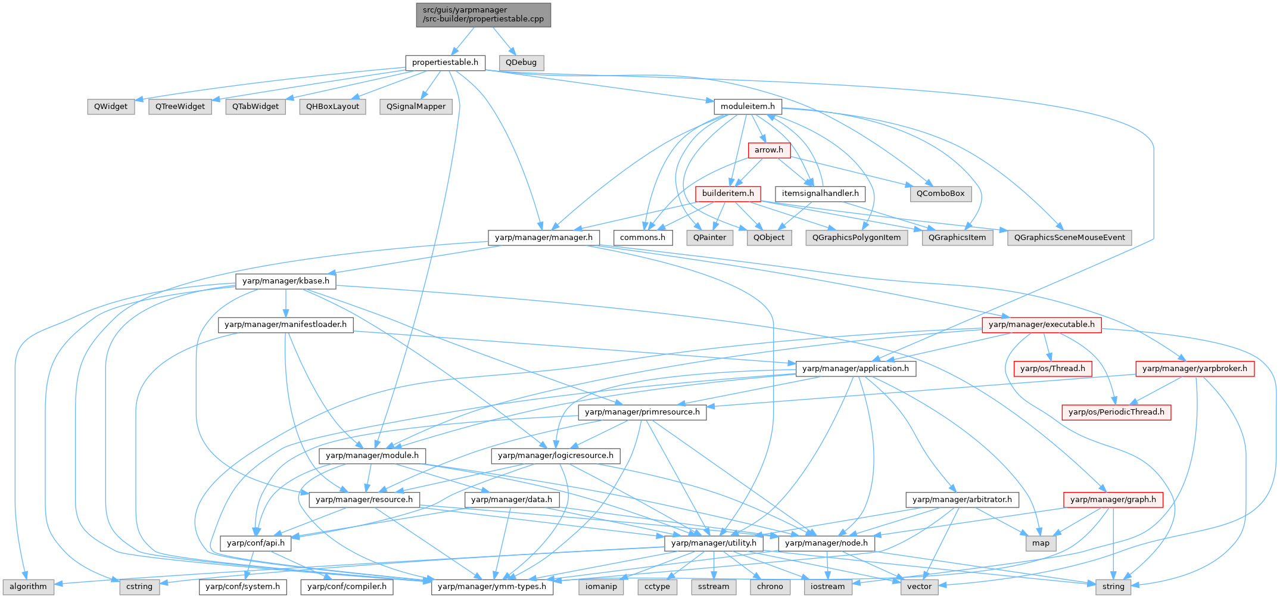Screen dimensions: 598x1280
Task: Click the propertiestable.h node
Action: pyautogui.click(x=445, y=63)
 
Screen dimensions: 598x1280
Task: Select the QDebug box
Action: pyautogui.click(x=521, y=63)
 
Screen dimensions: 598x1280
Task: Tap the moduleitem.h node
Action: pyautogui.click(x=748, y=107)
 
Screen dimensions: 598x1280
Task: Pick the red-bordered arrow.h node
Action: pyautogui.click(x=769, y=150)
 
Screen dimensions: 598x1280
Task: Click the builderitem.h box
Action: pyautogui.click(x=728, y=194)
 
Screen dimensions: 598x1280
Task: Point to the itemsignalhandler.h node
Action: pyautogui.click(x=820, y=194)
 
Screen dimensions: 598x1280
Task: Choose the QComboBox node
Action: pyautogui.click(x=940, y=194)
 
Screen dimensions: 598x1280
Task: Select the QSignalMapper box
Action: pyautogui.click(x=416, y=107)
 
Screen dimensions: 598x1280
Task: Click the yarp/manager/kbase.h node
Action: pyautogui.click(x=285, y=281)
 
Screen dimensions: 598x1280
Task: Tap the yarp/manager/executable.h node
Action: pyautogui.click(x=1041, y=325)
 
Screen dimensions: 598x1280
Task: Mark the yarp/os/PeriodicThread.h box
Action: pyautogui.click(x=1116, y=412)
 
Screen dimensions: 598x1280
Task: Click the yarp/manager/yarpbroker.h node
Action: pyautogui.click(x=1195, y=369)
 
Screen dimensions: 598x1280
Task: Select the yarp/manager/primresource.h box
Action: pyautogui.click(x=642, y=412)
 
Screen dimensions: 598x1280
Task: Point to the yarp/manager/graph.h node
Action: pyautogui.click(x=1113, y=500)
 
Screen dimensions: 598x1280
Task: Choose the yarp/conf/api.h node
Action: pyautogui.click(x=256, y=543)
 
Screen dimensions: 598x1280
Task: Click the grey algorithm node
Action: pyautogui.click(x=28, y=587)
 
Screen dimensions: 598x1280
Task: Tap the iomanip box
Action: pyautogui.click(x=601, y=587)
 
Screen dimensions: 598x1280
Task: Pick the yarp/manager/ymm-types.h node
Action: pyautogui.click(x=491, y=587)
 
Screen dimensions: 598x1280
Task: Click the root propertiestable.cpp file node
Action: pyautogui.click(x=483, y=14)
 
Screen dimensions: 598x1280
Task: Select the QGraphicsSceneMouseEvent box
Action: pyautogui.click(x=1069, y=238)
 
